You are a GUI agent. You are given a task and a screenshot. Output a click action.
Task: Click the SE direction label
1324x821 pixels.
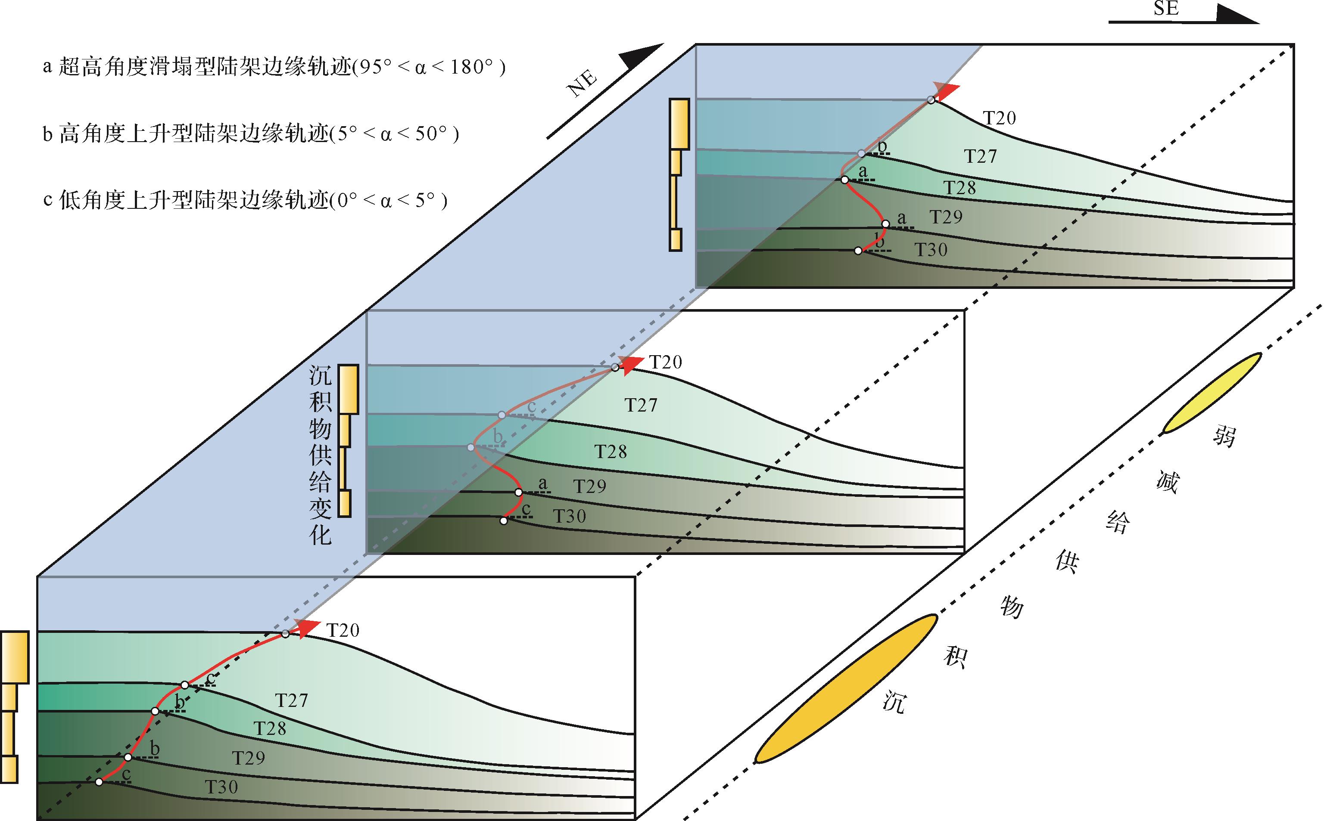(x=1165, y=9)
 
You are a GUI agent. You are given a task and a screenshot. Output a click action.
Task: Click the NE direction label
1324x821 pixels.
(x=583, y=84)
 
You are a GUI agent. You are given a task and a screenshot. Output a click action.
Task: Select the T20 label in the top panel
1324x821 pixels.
(x=1000, y=118)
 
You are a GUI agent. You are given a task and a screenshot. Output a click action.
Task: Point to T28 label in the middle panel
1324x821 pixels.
(x=610, y=451)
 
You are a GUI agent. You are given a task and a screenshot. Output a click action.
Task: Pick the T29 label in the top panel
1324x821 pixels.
(x=946, y=217)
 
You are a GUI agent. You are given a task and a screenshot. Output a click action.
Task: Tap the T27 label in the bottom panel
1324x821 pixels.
(x=291, y=700)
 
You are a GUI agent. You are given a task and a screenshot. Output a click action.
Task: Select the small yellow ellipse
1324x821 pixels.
(x=1212, y=393)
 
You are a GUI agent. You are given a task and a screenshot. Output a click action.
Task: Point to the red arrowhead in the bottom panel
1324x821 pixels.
(x=307, y=627)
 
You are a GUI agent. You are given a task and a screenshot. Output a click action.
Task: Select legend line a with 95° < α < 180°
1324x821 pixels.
(x=274, y=67)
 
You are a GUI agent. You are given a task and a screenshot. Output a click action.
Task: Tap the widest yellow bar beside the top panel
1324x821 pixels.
(x=679, y=124)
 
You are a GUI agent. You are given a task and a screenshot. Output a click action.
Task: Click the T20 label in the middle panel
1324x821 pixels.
(x=666, y=362)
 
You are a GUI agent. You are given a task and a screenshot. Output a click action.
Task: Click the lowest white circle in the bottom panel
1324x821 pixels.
(x=99, y=782)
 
